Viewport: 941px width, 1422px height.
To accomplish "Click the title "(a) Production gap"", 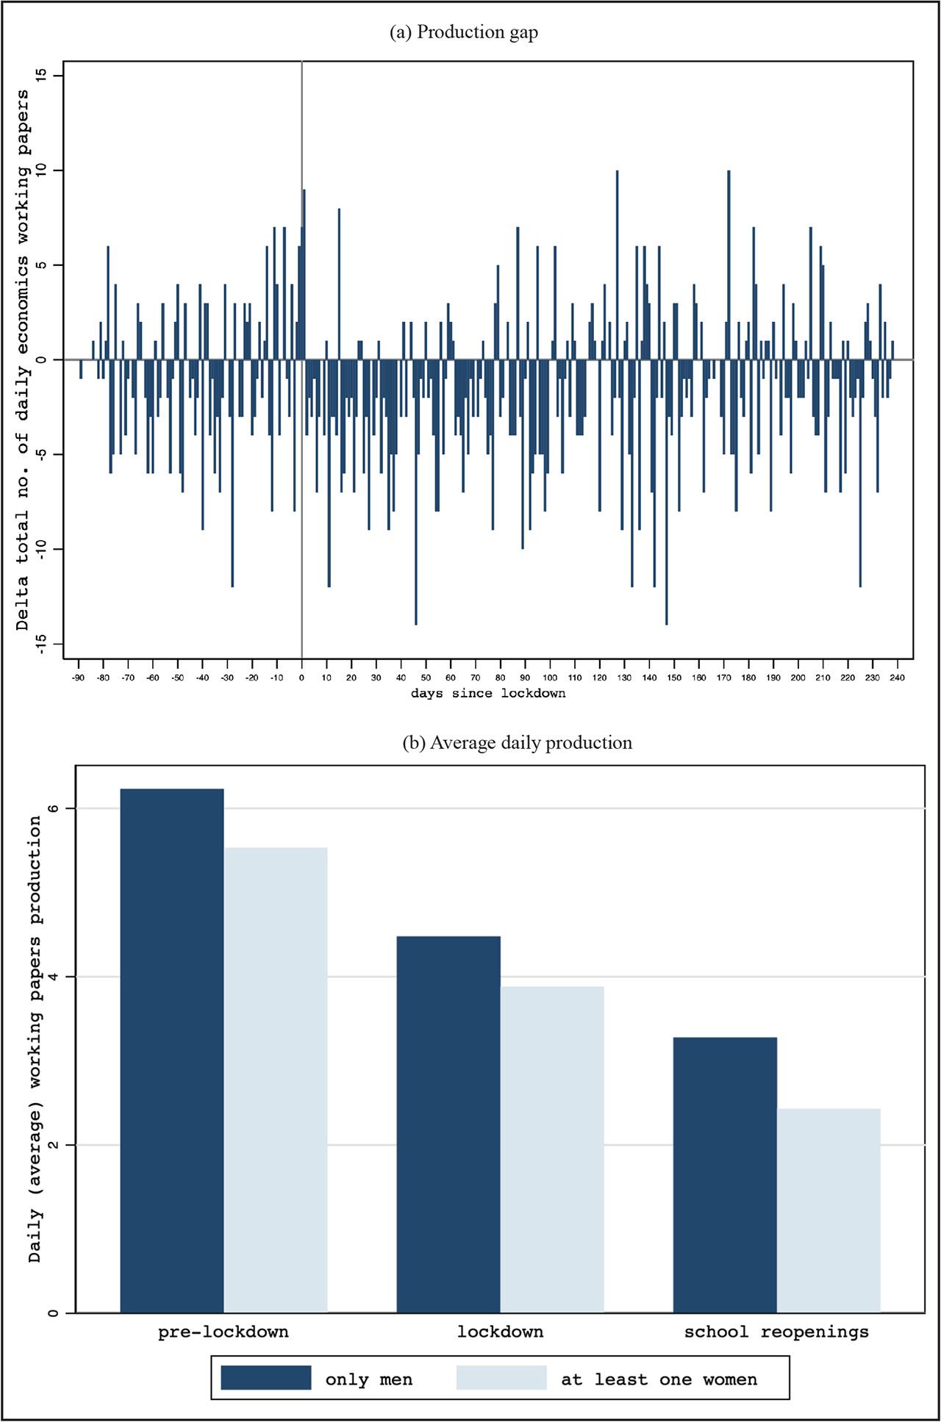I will [x=463, y=32].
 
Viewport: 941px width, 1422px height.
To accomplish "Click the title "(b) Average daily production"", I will [x=517, y=743].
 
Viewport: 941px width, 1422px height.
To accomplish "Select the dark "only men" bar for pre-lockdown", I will [x=172, y=1051].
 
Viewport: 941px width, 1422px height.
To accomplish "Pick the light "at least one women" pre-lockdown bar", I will [x=276, y=1080].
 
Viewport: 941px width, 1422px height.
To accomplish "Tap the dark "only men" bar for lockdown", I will [x=448, y=1124].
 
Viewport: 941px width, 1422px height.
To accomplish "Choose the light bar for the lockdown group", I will [x=552, y=1150].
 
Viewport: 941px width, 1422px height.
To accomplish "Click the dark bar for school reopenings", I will [x=725, y=1176].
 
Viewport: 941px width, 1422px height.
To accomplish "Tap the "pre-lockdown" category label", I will [x=223, y=1332].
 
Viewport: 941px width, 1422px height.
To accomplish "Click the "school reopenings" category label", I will [x=776, y=1332].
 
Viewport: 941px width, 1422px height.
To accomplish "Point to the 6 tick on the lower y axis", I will [x=51, y=808].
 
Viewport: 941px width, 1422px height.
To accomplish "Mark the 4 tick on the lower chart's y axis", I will [x=51, y=977].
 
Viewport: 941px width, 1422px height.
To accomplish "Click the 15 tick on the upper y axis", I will [x=40, y=76].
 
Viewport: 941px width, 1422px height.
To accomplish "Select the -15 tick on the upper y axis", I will [x=40, y=644].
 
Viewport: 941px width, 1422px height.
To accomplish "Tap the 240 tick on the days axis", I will [x=897, y=678].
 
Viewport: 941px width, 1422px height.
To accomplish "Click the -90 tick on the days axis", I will [x=79, y=678].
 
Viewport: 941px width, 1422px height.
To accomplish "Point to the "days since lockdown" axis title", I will [x=488, y=693].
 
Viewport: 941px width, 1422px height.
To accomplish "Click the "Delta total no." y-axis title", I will [x=24, y=360].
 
